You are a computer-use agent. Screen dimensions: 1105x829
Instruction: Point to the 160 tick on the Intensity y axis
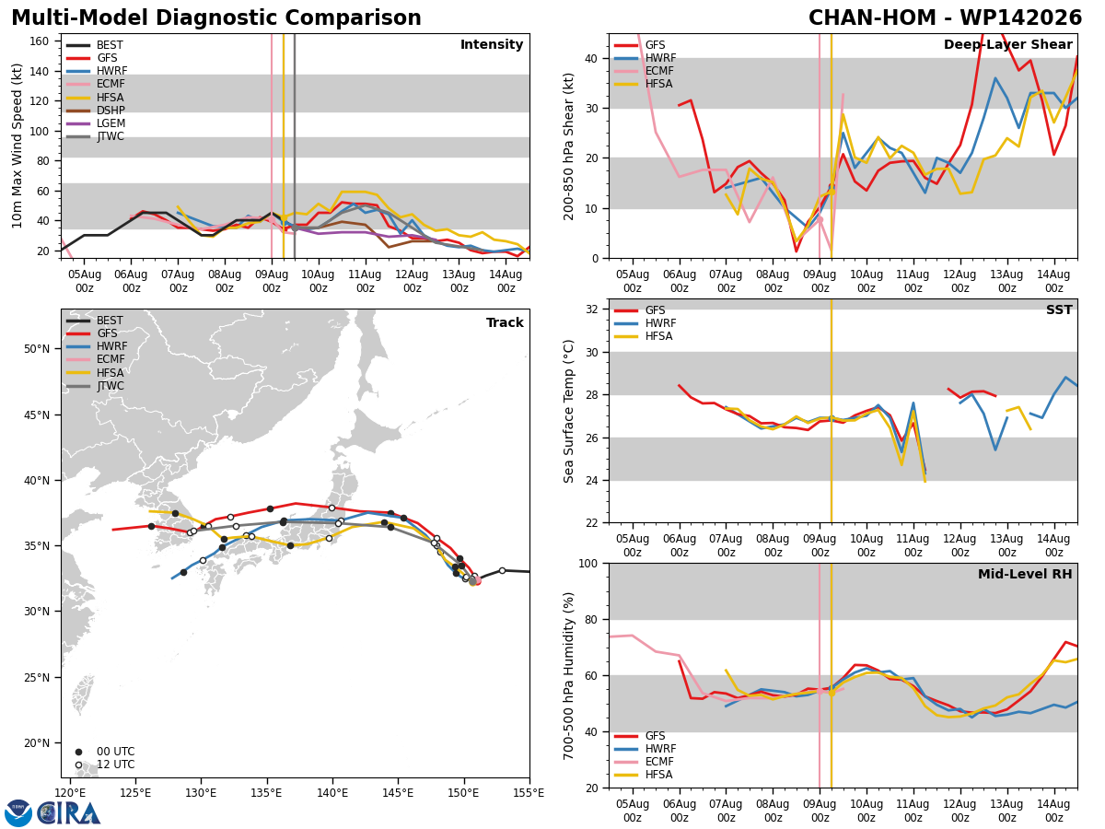click(x=39, y=41)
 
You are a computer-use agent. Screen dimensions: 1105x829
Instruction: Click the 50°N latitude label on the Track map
click(x=37, y=349)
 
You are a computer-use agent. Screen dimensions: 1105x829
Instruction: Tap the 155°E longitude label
click(x=528, y=794)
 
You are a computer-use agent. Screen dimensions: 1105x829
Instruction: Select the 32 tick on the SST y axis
click(x=592, y=309)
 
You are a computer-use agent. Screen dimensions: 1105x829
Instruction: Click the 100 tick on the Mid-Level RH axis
click(x=589, y=563)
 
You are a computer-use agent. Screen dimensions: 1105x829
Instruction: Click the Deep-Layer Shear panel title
click(x=1007, y=45)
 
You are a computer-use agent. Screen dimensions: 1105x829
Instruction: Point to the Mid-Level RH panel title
click(x=1025, y=574)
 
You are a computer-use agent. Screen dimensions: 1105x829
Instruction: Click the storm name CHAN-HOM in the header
click(x=872, y=18)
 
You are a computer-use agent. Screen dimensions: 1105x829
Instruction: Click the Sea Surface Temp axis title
click(x=568, y=411)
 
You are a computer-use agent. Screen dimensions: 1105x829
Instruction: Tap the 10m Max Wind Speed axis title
click(x=17, y=146)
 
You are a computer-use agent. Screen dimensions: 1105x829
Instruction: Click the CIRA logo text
click(x=68, y=812)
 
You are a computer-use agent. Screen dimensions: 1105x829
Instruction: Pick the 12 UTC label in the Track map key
click(x=116, y=765)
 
